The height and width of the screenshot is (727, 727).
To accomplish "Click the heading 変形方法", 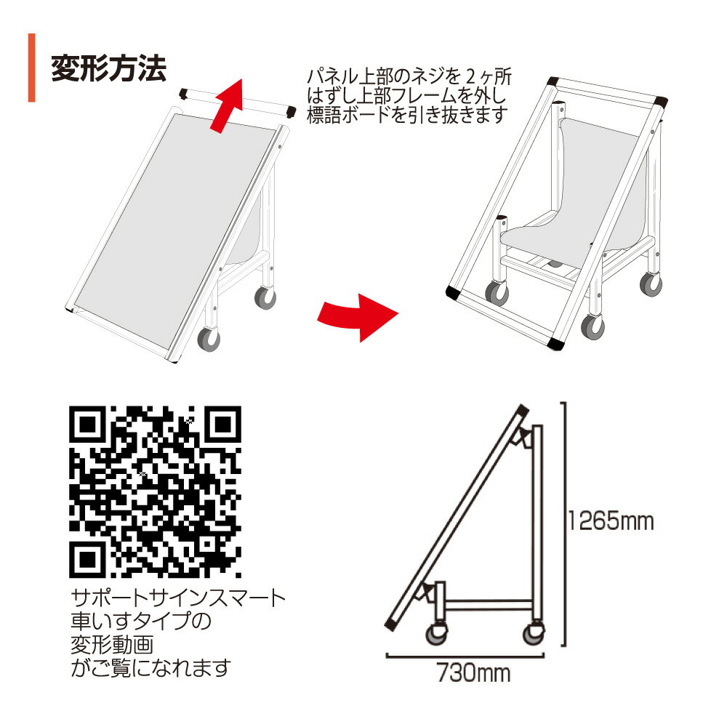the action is (x=108, y=68).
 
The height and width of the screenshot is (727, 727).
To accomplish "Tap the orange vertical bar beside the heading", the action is (x=31, y=68).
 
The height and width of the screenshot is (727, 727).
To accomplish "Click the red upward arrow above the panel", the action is (x=227, y=105).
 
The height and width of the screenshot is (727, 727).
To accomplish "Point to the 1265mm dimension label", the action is (x=611, y=521).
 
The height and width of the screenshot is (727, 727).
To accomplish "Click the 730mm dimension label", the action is (x=473, y=672).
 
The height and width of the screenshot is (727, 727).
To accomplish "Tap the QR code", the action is (x=155, y=491).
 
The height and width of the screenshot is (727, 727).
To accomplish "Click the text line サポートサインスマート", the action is (x=179, y=598).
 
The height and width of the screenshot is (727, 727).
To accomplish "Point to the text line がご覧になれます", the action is (x=150, y=667).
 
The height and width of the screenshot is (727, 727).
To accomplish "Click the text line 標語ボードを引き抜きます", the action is (x=407, y=115).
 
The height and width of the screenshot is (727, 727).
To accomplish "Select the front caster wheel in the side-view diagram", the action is (x=436, y=633).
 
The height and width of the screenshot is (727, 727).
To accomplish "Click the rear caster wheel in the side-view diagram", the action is (x=534, y=633).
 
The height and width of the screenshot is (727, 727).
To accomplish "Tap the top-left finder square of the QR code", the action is (x=87, y=424).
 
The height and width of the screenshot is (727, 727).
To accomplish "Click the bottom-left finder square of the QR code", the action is (x=87, y=560).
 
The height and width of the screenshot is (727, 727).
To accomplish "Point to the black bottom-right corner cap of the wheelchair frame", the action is (x=556, y=342).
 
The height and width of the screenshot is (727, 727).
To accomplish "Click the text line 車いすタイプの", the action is (x=141, y=622).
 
